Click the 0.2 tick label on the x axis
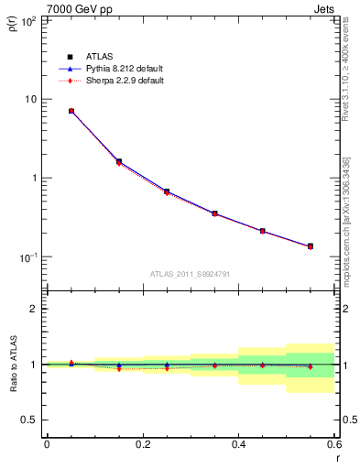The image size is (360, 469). [142, 444]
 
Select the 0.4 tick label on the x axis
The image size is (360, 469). [238, 444]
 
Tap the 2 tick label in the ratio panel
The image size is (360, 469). [34, 309]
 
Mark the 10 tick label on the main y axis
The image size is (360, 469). [29, 99]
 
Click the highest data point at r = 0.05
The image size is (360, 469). [71, 111]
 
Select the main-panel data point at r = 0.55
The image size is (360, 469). [311, 246]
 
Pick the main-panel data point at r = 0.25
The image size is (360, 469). [167, 192]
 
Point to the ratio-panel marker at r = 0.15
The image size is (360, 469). [119, 367]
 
